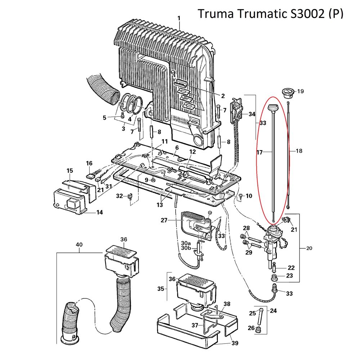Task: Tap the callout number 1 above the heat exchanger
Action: click(x=179, y=18)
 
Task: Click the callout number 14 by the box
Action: click(x=99, y=212)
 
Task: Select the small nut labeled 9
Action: click(x=153, y=180)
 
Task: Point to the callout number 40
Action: click(x=79, y=244)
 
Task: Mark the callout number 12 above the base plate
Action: click(x=193, y=152)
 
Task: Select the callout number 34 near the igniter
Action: click(x=251, y=114)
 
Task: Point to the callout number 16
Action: click(x=89, y=163)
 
